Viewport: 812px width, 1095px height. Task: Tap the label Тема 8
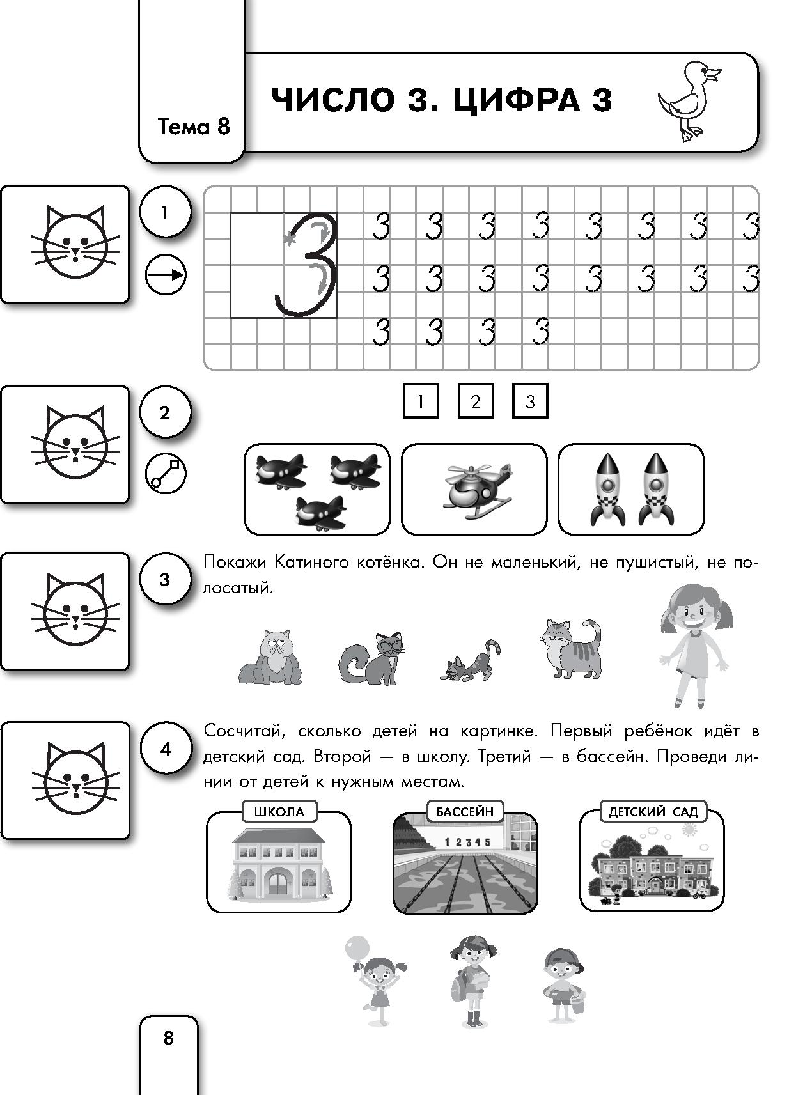coord(193,127)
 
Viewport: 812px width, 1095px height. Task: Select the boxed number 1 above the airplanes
coord(421,401)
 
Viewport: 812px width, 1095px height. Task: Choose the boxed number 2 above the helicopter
coord(475,401)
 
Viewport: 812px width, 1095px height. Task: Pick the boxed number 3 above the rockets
coord(530,401)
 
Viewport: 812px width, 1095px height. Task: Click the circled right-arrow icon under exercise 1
coord(166,276)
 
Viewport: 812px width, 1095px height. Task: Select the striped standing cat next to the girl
coord(571,648)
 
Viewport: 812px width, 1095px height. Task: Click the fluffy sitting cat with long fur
coord(270,656)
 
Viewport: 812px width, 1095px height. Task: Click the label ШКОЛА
coord(279,812)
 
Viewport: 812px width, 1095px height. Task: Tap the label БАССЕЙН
coord(465,812)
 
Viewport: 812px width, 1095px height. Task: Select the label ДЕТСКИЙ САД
coord(653,812)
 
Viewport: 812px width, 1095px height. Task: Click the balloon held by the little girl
coord(356,947)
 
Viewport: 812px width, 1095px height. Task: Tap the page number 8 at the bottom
coord(168,1037)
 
